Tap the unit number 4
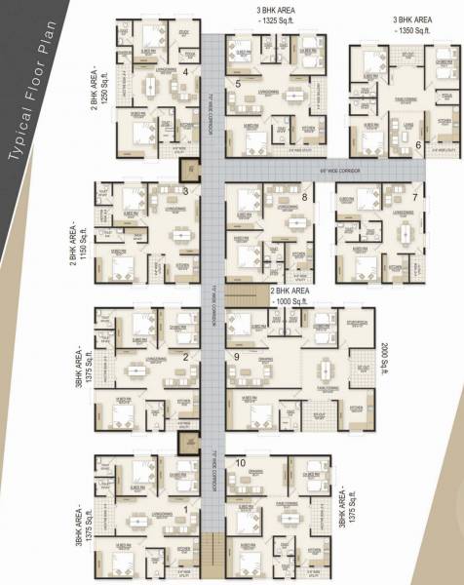point(185,72)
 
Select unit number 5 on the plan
point(239,85)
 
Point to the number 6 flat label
point(418,145)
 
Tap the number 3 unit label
point(185,190)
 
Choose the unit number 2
point(184,357)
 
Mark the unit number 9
point(237,358)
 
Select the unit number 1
point(185,508)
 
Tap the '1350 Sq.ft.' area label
point(414,31)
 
